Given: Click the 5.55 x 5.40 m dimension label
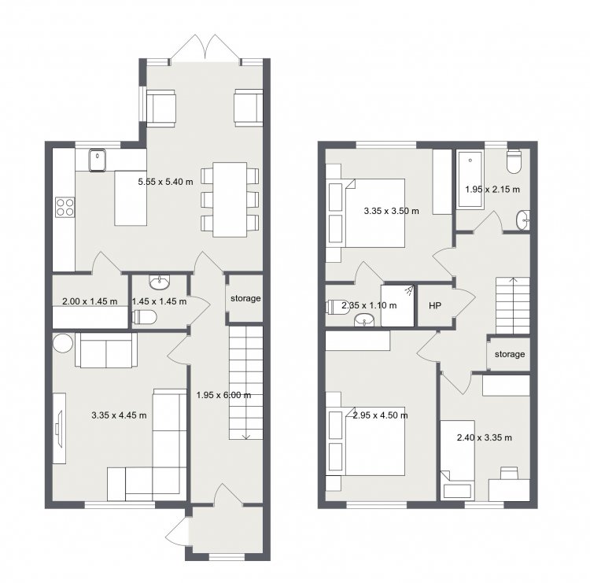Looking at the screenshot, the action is (165, 182).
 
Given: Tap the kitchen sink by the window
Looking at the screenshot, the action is (98, 160).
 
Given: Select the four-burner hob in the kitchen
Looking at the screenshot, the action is (65, 207).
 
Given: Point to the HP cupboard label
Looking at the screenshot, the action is (434, 305).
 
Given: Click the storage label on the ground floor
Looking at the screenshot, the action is (245, 298).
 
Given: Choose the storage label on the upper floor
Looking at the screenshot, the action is (510, 354).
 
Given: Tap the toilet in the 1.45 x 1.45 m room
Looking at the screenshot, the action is (145, 317).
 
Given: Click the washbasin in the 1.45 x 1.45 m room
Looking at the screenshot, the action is (160, 282).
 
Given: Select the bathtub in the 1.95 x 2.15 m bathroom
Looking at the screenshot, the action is (470, 179).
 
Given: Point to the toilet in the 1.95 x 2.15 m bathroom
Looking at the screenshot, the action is (514, 161).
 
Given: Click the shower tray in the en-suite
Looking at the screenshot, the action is (397, 305).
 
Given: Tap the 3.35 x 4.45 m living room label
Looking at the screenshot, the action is (119, 415).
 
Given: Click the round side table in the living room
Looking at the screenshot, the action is (63, 343).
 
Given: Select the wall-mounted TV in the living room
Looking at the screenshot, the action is (59, 429).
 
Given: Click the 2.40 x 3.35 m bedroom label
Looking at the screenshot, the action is (485, 437).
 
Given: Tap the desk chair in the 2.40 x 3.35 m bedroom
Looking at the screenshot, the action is (509, 473).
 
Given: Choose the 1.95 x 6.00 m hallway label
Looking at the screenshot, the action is (223, 395).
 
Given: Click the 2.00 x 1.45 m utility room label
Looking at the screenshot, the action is (90, 301).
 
